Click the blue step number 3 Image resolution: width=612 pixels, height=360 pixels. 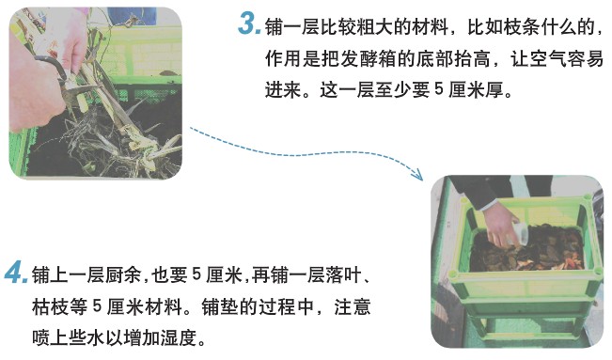tap(250, 24)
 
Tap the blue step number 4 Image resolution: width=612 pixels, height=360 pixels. tap(16, 273)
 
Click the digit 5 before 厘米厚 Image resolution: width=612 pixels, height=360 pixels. tap(439, 90)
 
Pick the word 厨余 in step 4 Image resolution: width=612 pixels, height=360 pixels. tap(123, 274)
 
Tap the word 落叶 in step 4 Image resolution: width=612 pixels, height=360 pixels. tap(343, 274)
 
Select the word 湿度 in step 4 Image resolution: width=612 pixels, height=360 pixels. tap(178, 337)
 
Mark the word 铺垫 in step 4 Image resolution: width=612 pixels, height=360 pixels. tap(219, 306)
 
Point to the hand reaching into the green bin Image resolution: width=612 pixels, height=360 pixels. tap(500, 224)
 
